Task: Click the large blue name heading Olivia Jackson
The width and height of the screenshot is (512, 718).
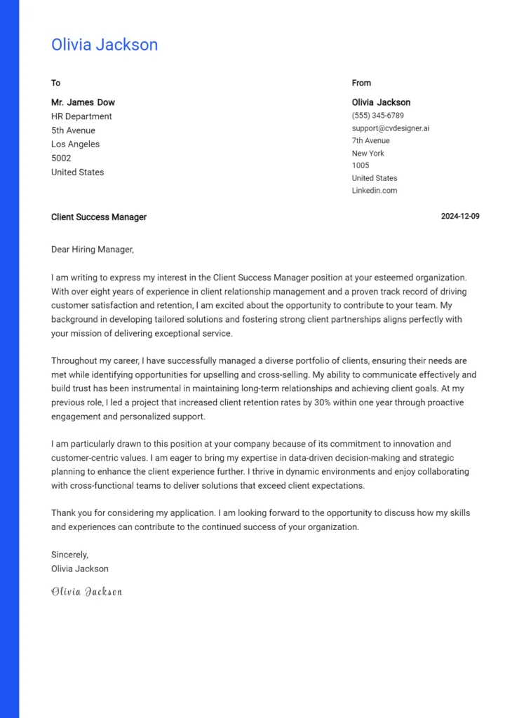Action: tap(105, 45)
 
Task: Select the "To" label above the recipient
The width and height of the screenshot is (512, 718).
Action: tap(55, 83)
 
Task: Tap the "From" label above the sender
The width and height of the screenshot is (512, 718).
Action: tap(361, 83)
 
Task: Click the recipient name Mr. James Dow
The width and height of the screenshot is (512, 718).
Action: tap(83, 102)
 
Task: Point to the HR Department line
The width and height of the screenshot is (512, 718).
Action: tap(81, 116)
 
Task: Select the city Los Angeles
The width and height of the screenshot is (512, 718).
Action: tap(75, 144)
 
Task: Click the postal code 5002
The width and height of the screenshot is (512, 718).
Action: tap(61, 158)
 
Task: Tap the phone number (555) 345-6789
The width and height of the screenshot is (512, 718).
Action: tap(377, 116)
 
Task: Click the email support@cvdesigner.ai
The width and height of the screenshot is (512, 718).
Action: tap(391, 128)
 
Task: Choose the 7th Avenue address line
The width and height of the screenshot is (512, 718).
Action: tap(370, 141)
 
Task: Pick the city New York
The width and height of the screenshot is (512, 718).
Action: tap(368, 154)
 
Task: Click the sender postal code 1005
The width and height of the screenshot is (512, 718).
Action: tap(361, 165)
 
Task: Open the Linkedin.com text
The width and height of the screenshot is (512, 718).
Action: tap(375, 191)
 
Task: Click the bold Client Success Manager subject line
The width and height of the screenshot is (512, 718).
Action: tap(99, 217)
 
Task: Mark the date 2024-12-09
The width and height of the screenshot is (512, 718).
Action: tap(460, 216)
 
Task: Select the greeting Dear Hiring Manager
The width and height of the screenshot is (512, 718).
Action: tap(92, 249)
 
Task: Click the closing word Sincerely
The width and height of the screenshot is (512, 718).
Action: tap(69, 555)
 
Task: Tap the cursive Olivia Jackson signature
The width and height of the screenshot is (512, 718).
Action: tap(86, 592)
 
